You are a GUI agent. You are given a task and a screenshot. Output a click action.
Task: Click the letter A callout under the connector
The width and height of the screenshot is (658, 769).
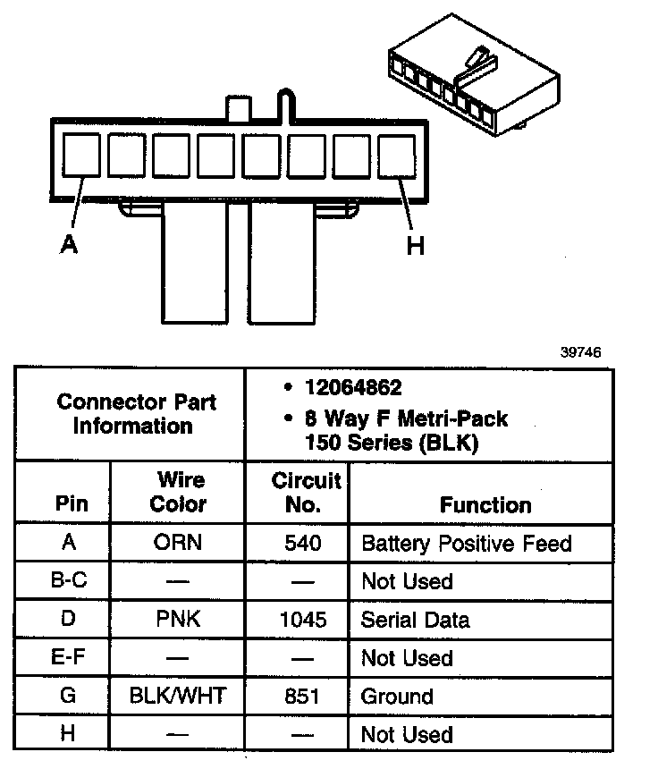(x=69, y=243)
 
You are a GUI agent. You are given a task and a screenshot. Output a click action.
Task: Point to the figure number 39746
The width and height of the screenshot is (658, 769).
(x=581, y=352)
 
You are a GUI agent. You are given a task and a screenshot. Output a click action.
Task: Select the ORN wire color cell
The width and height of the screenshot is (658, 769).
(x=177, y=543)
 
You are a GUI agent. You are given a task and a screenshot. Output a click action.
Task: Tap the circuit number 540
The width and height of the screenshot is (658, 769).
(x=302, y=543)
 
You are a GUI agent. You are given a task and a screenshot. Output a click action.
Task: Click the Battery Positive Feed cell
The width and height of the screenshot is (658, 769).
(x=466, y=543)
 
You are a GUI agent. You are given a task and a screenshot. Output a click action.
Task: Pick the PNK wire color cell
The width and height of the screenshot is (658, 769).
(x=177, y=620)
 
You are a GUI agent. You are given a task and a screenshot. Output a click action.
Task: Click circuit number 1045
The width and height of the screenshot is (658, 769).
(x=302, y=620)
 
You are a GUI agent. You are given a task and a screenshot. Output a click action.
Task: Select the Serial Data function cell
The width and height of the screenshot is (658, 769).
(x=415, y=620)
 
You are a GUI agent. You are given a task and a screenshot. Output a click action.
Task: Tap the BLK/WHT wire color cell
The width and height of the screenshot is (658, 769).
(x=177, y=697)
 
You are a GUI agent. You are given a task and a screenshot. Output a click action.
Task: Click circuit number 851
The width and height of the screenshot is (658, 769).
(x=302, y=697)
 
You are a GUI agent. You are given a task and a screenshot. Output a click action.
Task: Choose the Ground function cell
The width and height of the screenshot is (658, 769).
(x=397, y=697)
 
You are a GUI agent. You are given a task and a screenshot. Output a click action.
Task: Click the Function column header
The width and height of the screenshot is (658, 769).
(x=485, y=505)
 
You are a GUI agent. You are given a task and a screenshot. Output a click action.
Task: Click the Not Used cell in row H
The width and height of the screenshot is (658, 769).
(x=407, y=735)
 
